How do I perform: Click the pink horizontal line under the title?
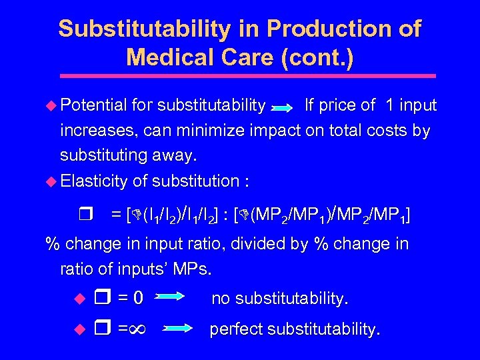tap(239, 76)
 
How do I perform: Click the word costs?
tap(391, 131)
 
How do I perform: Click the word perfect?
tap(238, 330)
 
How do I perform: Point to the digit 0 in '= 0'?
tap(138, 299)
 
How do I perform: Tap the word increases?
tap(93, 131)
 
